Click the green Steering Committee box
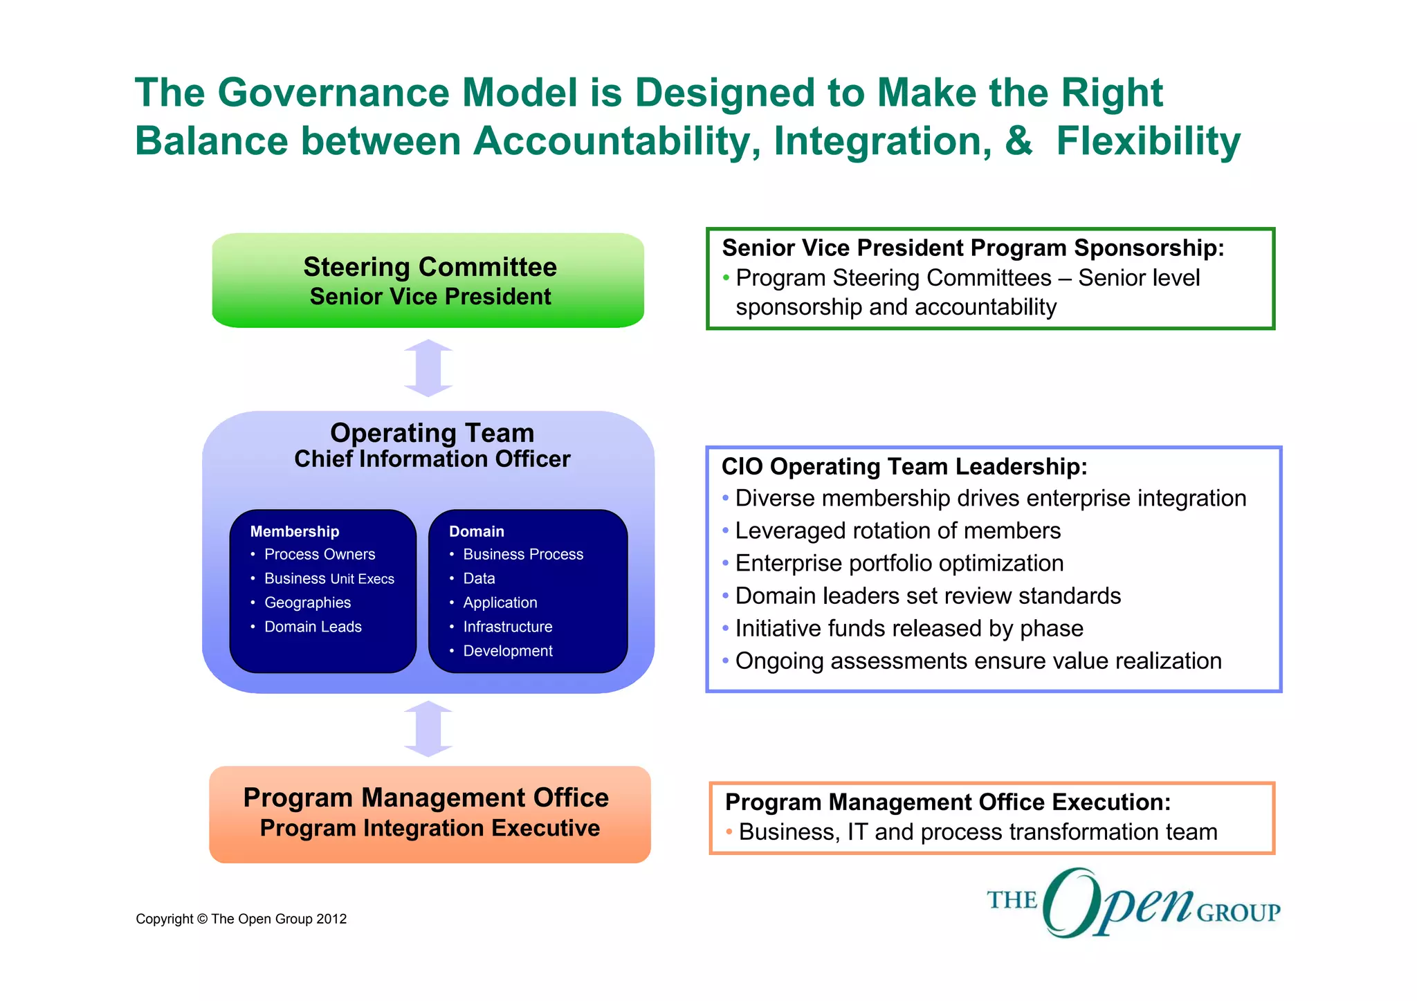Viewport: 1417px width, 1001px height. [x=428, y=280]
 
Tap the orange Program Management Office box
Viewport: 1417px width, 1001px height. [x=429, y=814]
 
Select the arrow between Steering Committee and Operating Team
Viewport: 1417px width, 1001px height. [x=428, y=368]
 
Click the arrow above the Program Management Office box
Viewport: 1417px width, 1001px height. [x=428, y=729]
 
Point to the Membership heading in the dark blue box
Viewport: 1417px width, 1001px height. [x=295, y=531]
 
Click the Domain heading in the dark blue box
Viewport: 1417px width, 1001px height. [x=476, y=531]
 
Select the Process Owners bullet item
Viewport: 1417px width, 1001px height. [x=320, y=554]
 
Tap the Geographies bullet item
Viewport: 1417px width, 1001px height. [x=307, y=603]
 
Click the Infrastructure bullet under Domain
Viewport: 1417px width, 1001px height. [x=507, y=627]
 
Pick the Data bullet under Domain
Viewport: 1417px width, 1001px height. [x=479, y=578]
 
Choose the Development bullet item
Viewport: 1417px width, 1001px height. [x=507, y=651]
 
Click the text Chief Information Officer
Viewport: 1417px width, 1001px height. [x=432, y=459]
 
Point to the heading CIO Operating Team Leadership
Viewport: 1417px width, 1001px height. [x=904, y=467]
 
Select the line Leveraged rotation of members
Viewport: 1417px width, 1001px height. [x=897, y=531]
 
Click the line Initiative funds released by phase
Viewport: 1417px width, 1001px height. [x=908, y=628]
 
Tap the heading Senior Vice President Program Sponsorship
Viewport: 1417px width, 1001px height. [x=973, y=248]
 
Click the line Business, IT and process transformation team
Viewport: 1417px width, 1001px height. [x=978, y=832]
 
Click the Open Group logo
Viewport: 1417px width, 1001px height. [x=1133, y=903]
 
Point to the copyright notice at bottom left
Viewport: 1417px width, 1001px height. [x=241, y=919]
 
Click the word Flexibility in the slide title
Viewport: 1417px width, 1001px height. [x=1148, y=141]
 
